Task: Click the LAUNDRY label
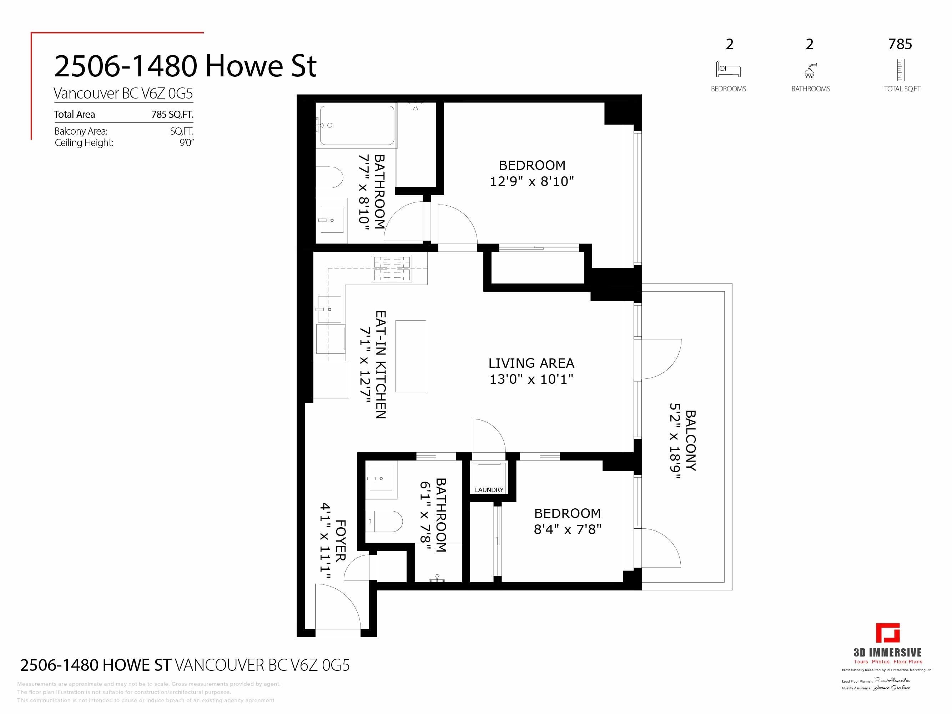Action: (489, 490)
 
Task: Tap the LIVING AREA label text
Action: (531, 363)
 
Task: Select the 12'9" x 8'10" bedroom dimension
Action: (532, 182)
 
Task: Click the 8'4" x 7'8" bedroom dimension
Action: (567, 529)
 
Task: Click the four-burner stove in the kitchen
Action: (392, 268)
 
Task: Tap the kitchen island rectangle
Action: (410, 356)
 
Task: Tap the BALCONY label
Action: (690, 440)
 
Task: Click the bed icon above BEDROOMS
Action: (728, 70)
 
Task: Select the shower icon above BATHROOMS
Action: (810, 71)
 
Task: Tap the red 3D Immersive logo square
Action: (887, 634)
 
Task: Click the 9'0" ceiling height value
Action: (186, 143)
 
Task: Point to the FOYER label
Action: (340, 540)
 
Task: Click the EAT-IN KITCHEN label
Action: (381, 364)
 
